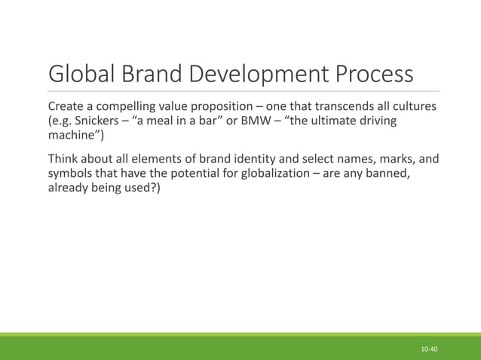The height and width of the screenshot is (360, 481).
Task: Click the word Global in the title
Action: tap(81, 75)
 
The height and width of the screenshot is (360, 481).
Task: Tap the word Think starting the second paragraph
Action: tap(64, 160)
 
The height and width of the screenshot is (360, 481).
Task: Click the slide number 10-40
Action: tap(430, 350)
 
